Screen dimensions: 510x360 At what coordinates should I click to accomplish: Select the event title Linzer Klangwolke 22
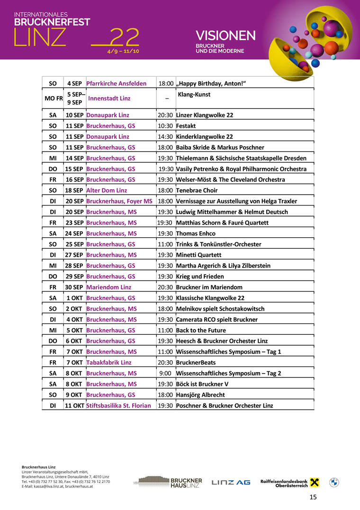pyautogui.click(x=204, y=115)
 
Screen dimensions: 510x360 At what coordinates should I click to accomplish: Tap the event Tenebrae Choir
pyautogui.click(x=197, y=190)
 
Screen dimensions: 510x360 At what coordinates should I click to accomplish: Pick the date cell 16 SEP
pyautogui.click(x=74, y=179)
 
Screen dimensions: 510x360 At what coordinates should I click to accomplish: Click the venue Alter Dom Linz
pyautogui.click(x=107, y=190)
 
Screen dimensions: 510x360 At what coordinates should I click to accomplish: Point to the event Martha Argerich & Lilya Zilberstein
pyautogui.click(x=223, y=266)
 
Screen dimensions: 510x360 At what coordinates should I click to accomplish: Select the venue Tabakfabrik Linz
pyautogui.click(x=108, y=362)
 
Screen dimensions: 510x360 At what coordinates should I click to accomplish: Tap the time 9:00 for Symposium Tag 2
pyautogui.click(x=165, y=373)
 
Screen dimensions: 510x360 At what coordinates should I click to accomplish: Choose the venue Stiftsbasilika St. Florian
pyautogui.click(x=118, y=405)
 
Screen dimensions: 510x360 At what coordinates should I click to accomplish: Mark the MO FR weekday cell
pyautogui.click(x=53, y=98)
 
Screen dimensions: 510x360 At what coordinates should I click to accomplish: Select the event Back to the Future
pyautogui.click(x=201, y=330)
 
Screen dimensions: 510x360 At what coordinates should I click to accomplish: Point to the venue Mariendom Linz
pyautogui.click(x=108, y=287)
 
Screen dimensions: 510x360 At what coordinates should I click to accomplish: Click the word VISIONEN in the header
pyautogui.click(x=225, y=36)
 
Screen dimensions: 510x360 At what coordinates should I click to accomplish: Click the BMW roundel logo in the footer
pyautogui.click(x=334, y=482)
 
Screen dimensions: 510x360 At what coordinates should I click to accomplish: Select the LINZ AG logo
pyautogui.click(x=231, y=482)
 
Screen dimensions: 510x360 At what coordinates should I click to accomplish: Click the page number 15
pyautogui.click(x=313, y=497)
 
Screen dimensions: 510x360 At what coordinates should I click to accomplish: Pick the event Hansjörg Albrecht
pyautogui.click(x=200, y=394)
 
